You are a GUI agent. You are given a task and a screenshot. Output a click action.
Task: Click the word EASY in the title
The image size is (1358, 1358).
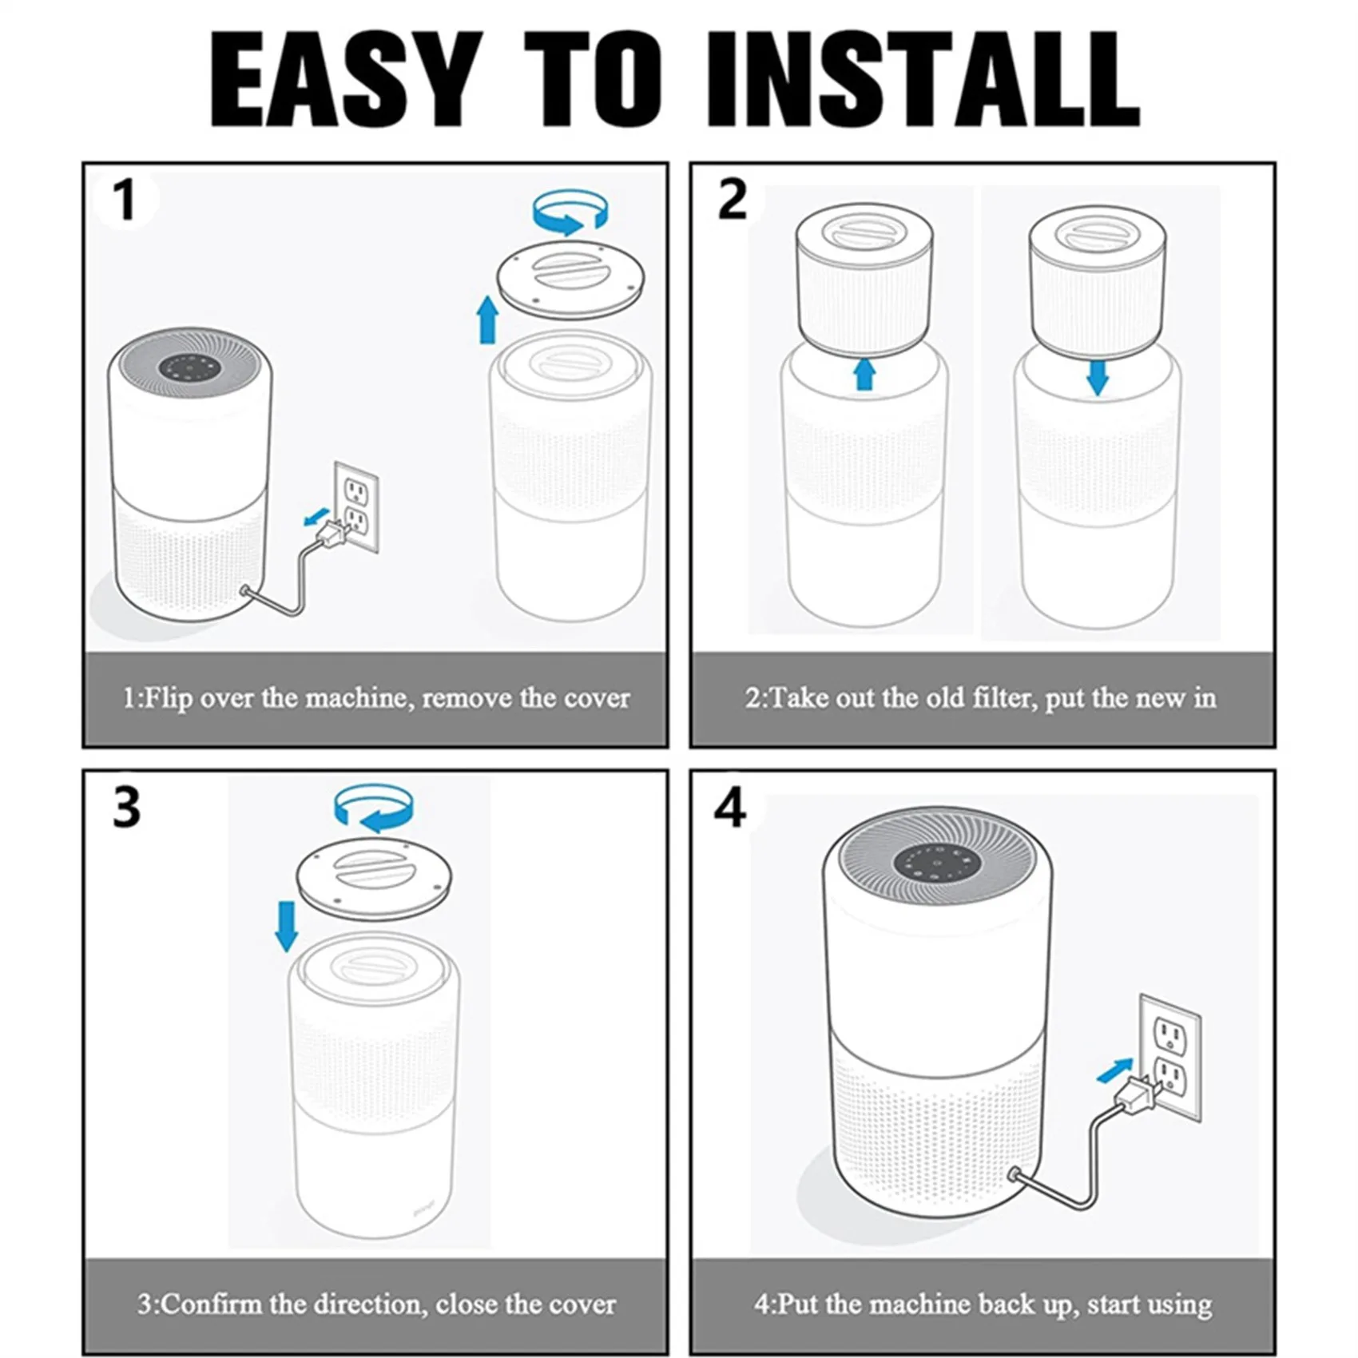(x=347, y=79)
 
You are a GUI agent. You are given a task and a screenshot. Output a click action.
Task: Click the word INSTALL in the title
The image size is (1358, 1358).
(x=923, y=79)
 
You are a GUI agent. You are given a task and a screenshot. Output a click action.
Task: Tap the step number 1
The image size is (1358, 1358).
(x=124, y=201)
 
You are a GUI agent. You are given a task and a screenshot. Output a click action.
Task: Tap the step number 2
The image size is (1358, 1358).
(x=732, y=199)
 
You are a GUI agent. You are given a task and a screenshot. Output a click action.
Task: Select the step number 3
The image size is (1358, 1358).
(x=126, y=808)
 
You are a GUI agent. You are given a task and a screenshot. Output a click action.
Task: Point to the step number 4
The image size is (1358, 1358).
(x=730, y=808)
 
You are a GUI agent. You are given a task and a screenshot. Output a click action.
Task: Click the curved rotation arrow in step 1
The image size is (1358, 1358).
(x=571, y=212)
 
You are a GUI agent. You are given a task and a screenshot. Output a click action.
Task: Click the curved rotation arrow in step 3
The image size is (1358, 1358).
(x=373, y=808)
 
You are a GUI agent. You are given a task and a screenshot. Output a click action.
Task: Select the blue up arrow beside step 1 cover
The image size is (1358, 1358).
(x=487, y=320)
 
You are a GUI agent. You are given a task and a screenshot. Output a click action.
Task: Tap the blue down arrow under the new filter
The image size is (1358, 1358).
(x=1098, y=378)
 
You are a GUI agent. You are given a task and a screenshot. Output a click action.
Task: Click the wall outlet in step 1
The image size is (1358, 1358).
(x=356, y=506)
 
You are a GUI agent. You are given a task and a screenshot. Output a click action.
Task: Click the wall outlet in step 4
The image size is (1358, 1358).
(x=1170, y=1056)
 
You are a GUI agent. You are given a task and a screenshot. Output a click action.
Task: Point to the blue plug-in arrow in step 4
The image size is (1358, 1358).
(x=1115, y=1070)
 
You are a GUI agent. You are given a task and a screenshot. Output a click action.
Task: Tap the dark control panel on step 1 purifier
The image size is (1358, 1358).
(x=189, y=368)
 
